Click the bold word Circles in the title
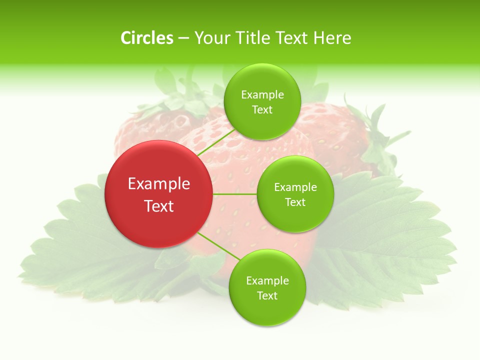(147, 38)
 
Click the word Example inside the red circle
(159, 184)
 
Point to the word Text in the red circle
(159, 206)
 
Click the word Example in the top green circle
(262, 95)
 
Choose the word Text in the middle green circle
(295, 202)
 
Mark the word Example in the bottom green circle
(267, 281)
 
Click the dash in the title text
(183, 38)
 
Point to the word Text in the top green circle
(262, 110)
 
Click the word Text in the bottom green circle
(267, 296)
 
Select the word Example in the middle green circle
(295, 187)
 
